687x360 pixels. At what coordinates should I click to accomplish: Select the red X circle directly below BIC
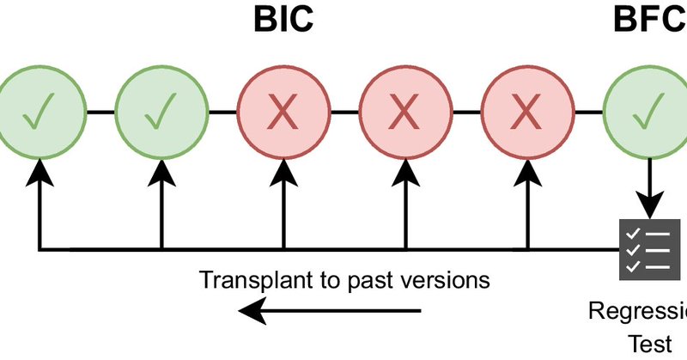coord(283,112)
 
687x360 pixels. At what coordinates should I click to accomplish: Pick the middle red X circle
coord(405,112)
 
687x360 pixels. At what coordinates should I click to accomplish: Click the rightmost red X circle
coord(527,112)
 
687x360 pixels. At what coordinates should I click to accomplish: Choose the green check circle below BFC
coord(649,112)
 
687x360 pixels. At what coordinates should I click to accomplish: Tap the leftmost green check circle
coord(40,112)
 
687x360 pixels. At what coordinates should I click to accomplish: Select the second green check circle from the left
coord(161,112)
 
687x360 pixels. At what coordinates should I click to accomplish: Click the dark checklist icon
coord(648,249)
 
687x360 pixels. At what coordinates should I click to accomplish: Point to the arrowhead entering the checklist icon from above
coord(649,206)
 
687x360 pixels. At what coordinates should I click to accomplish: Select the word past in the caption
coord(367,280)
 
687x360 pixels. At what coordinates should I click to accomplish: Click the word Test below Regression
coord(649,344)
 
